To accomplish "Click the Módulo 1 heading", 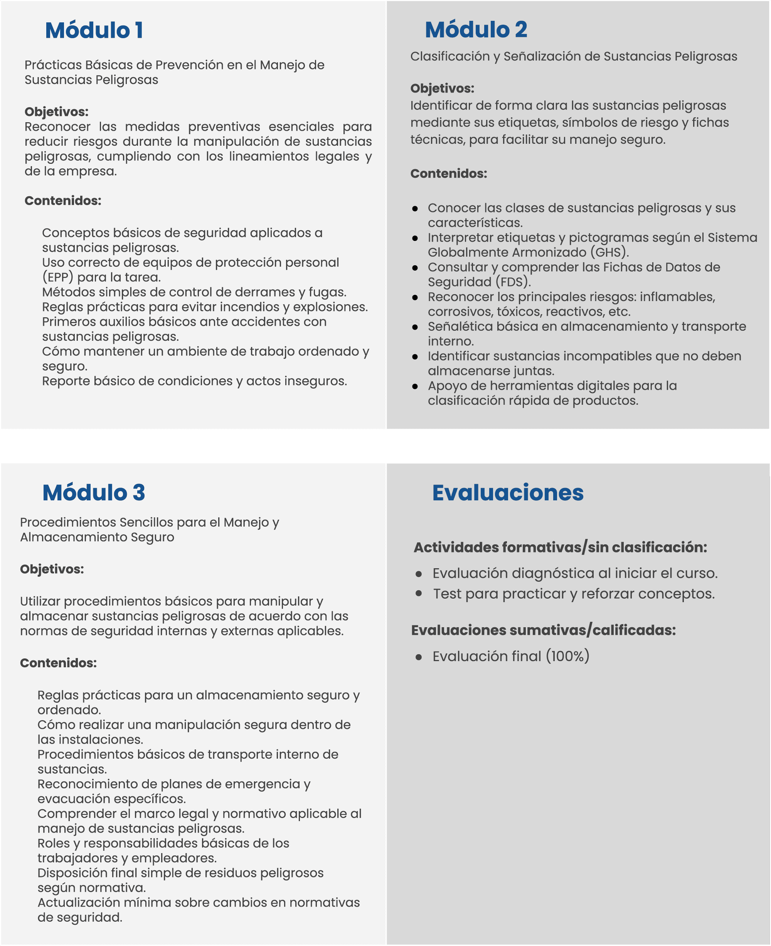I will click(94, 30).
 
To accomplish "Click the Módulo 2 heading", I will click(476, 30).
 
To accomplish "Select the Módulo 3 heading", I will click(94, 493).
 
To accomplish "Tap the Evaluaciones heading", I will click(508, 493).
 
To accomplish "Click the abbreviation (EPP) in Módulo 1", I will click(58, 278).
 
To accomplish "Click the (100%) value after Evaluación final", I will click(567, 656).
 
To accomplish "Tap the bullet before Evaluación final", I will click(418, 657).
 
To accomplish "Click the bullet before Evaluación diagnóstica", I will click(418, 574).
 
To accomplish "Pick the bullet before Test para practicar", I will click(418, 593).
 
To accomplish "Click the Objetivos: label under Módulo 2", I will click(442, 88).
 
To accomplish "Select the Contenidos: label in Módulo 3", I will click(58, 663).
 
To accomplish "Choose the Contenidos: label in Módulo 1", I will click(62, 201).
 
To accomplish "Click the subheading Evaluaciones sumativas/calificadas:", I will click(543, 630).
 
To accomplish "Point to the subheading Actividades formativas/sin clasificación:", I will click(560, 547).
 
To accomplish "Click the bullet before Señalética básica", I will click(415, 327).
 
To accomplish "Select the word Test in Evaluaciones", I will click(447, 594).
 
